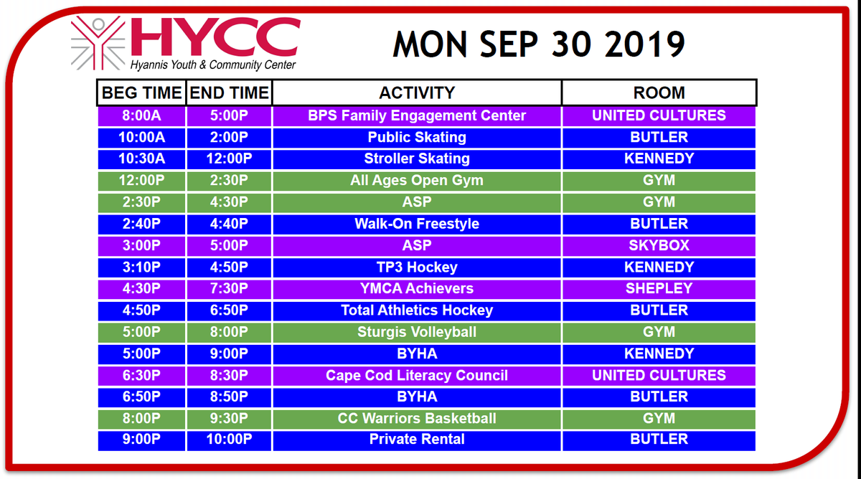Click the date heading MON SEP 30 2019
tap(538, 44)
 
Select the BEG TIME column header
tap(141, 93)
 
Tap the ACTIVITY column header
tap(417, 93)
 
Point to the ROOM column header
tap(659, 93)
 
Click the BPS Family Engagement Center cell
tap(417, 115)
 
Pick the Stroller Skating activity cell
tap(417, 158)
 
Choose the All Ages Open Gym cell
tap(417, 181)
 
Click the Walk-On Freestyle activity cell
tap(417, 224)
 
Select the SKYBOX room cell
tap(659, 245)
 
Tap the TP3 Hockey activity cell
tap(417, 267)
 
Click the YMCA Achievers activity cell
tap(417, 288)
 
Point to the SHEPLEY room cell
tap(659, 288)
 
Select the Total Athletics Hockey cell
tap(417, 310)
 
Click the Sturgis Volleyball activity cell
tap(417, 332)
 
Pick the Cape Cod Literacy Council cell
tap(417, 375)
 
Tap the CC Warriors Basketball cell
tap(417, 418)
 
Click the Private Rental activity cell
tap(417, 440)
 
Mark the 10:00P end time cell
tap(228, 440)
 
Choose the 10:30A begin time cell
tap(141, 158)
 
